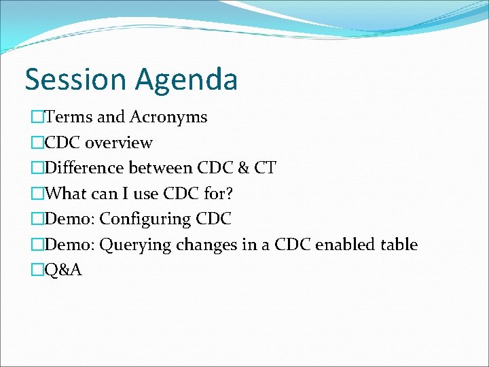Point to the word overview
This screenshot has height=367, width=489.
(x=119, y=143)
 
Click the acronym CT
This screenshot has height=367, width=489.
(x=264, y=168)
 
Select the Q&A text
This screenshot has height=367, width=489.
(x=62, y=270)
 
